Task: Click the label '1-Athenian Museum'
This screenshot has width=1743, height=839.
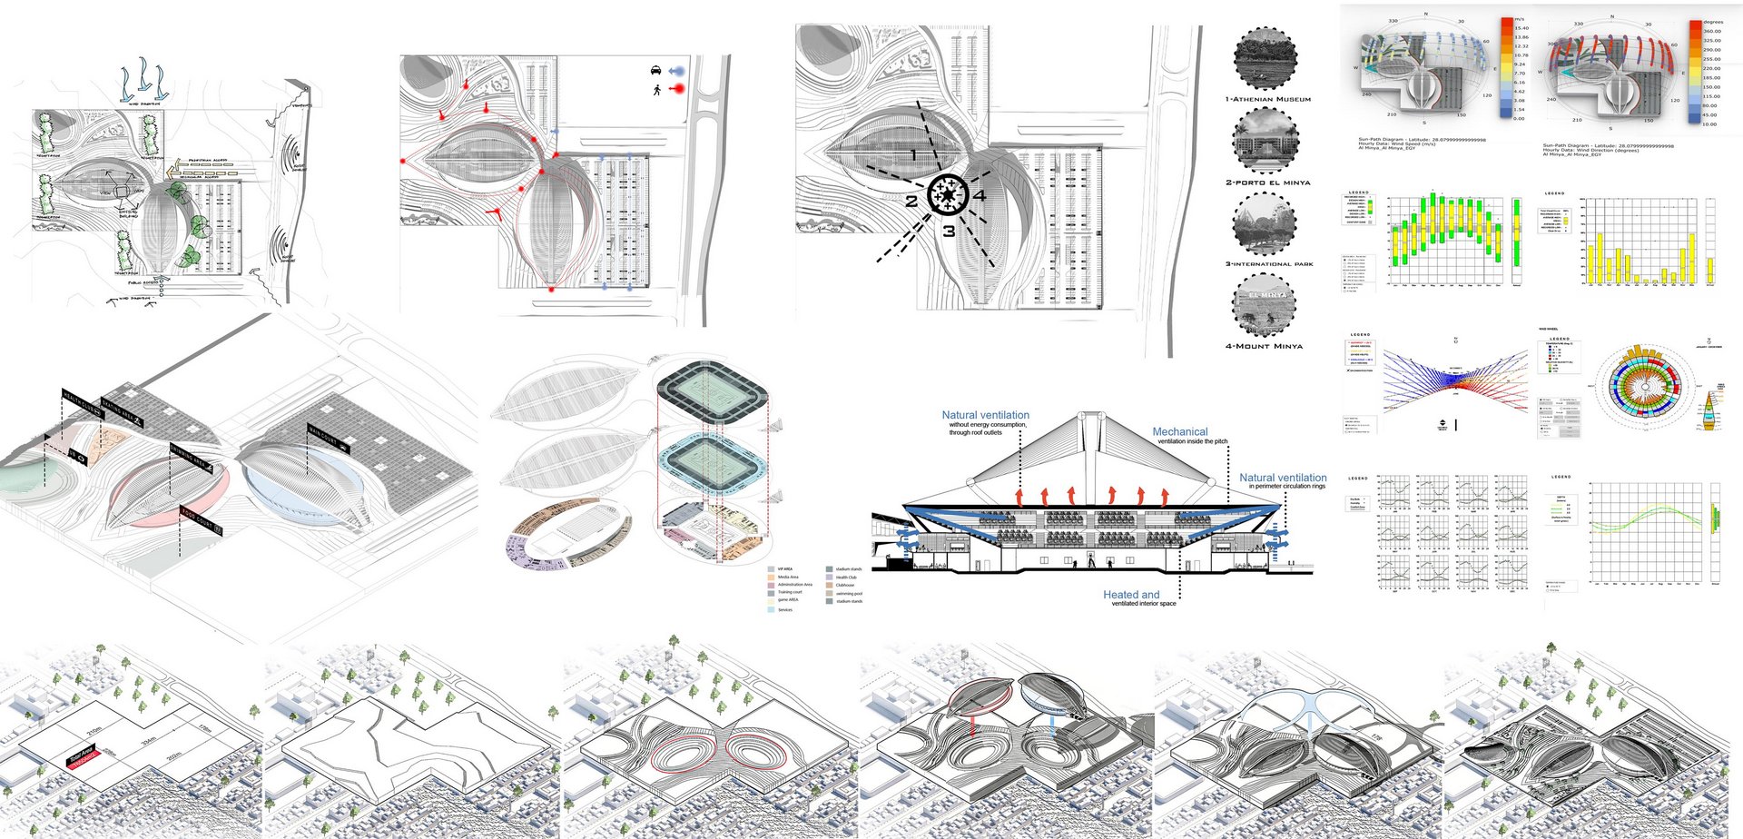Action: coord(1267,99)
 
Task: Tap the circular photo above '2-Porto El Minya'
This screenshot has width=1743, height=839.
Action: coord(1265,140)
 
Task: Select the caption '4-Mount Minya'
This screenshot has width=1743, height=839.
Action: coord(1264,346)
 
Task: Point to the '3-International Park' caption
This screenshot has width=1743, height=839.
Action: coord(1269,264)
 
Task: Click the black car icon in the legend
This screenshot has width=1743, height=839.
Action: coord(655,70)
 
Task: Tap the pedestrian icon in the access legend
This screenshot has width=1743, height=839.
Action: coord(655,89)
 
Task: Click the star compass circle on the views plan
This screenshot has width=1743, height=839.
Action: coord(948,194)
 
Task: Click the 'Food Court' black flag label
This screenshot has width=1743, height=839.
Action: coord(201,521)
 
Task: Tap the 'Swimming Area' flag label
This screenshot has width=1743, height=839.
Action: coord(192,459)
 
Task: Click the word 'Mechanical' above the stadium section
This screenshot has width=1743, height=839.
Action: coord(1179,431)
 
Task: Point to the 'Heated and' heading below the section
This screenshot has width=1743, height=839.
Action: coord(1131,594)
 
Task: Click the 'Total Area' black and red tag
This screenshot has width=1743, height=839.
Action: coord(83,757)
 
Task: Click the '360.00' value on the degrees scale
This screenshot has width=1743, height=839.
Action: coord(1711,31)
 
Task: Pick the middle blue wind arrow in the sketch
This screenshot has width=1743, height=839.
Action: coord(143,80)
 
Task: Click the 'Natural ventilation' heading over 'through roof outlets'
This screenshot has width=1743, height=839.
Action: coord(985,414)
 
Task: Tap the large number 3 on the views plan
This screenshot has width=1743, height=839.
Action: coord(949,232)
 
